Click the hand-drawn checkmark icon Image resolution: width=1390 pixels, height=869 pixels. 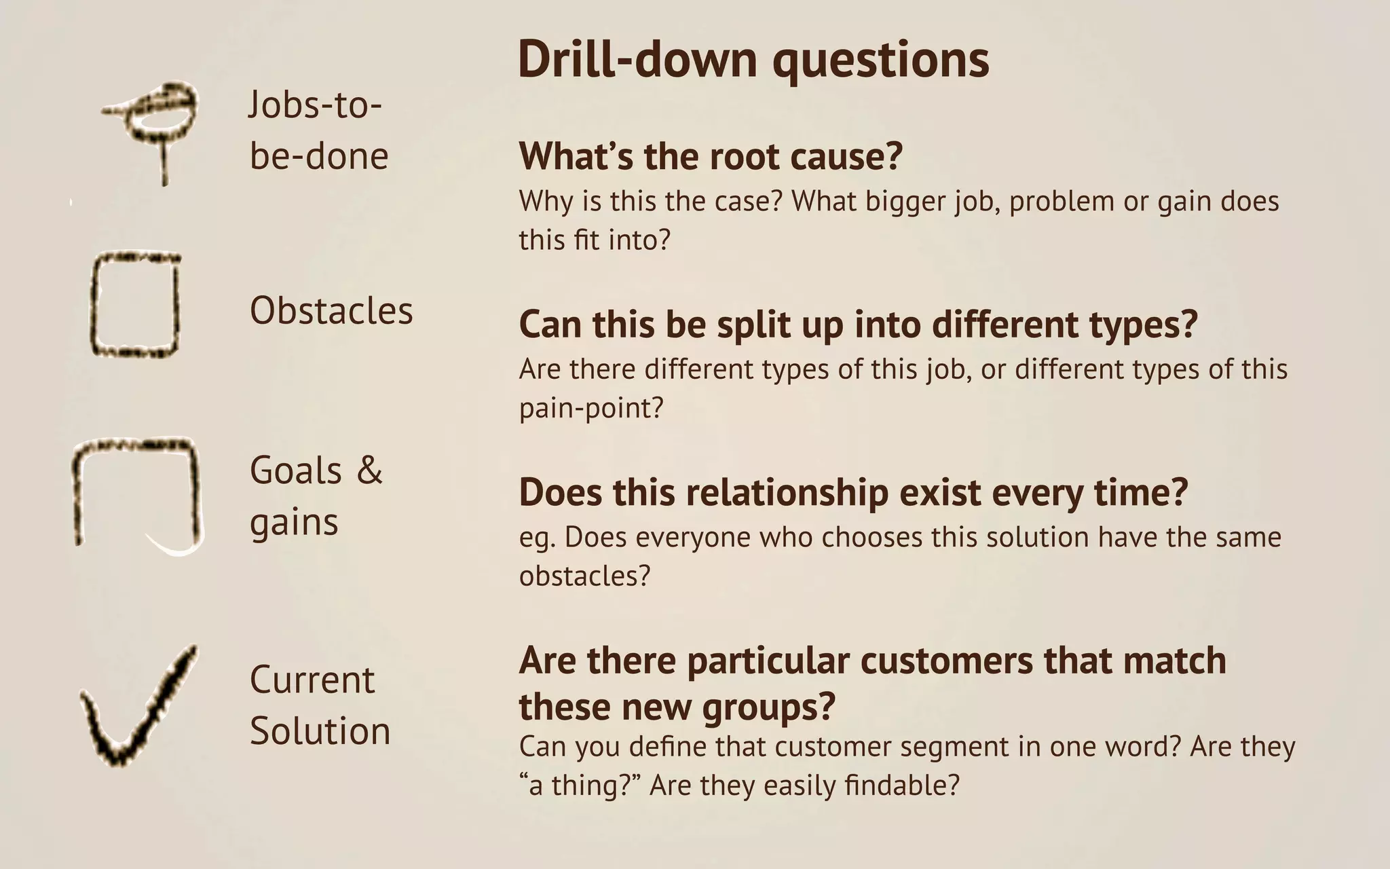[136, 709]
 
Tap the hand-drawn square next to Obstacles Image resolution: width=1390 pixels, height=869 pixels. [136, 306]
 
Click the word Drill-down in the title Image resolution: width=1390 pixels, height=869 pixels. [637, 60]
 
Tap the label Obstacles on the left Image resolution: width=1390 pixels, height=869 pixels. [331, 311]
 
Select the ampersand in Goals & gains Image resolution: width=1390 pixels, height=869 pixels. [370, 470]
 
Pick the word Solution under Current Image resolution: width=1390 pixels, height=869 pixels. [320, 731]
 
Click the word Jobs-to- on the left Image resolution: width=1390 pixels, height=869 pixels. [315, 105]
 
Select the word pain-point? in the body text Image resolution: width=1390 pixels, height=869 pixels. [590, 409]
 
